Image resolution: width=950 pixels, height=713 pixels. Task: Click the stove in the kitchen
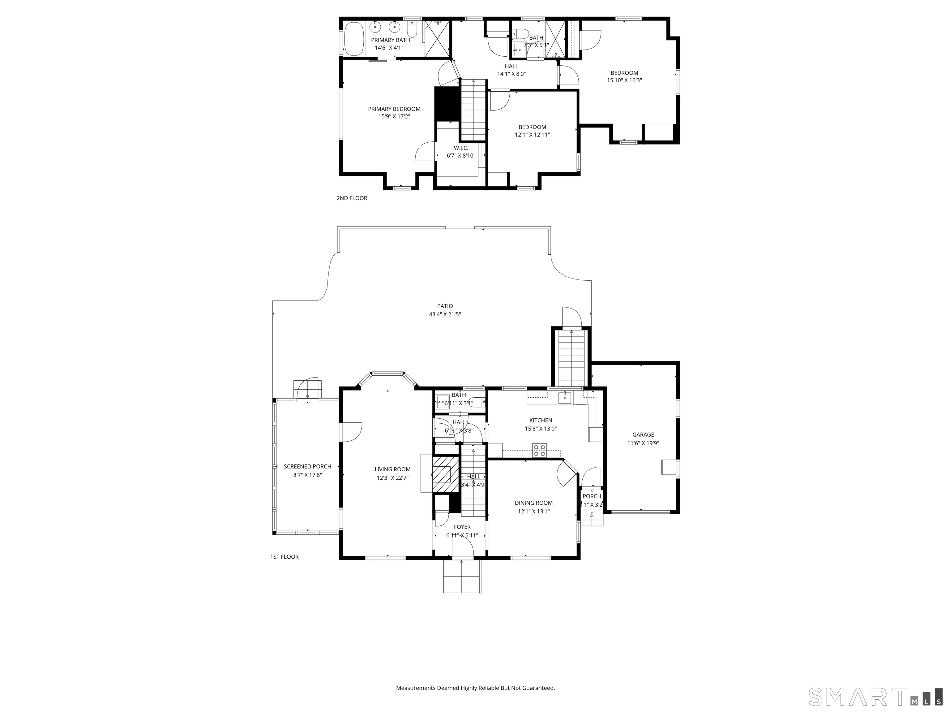(539, 450)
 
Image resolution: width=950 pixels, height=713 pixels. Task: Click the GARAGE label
(643, 434)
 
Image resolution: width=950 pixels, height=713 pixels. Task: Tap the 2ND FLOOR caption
(352, 198)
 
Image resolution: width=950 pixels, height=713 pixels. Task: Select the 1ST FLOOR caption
(284, 556)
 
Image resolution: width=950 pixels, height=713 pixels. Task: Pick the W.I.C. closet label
(461, 148)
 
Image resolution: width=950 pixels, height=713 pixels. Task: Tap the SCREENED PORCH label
(307, 466)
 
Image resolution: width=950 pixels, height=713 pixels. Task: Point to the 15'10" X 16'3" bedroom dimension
(624, 80)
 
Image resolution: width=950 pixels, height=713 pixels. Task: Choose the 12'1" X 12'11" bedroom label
(532, 135)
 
